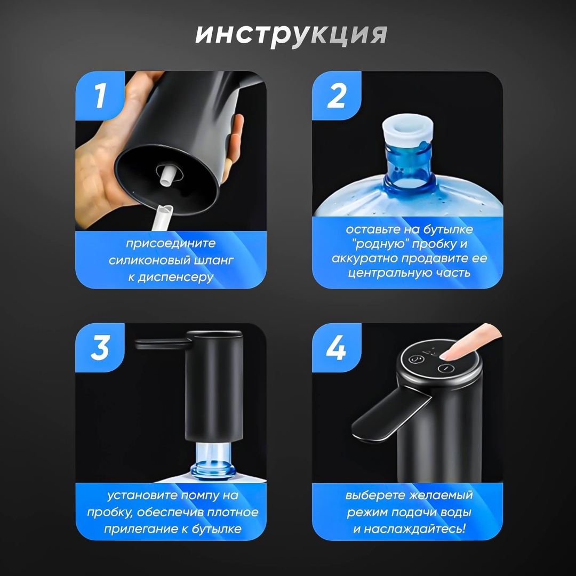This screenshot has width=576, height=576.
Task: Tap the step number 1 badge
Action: tap(100, 95)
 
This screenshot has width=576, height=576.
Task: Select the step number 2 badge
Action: tap(337, 95)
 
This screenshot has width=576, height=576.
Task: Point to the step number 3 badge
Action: tap(100, 348)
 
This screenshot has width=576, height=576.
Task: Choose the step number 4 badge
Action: tap(337, 348)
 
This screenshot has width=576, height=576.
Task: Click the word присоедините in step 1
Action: tap(171, 244)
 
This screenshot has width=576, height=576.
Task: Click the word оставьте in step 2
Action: tap(371, 229)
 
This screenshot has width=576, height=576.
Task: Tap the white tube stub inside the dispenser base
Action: tap(167, 177)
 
